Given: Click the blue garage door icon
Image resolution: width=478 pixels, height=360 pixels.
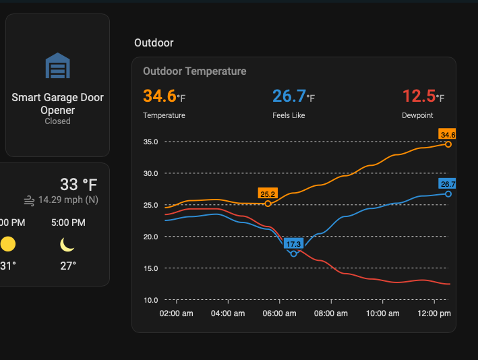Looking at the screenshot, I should click(57, 66).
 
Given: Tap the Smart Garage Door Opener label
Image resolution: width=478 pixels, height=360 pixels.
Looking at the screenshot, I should click(57, 104).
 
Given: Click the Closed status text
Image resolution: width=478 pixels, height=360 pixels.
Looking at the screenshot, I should click(57, 121).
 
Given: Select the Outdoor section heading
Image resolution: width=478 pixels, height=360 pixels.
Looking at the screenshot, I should click(154, 42).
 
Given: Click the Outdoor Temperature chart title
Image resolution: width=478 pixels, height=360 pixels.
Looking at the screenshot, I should click(194, 71).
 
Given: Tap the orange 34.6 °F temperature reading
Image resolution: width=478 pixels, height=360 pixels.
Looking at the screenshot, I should click(164, 96).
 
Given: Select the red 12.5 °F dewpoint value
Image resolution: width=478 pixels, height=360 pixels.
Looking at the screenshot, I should click(423, 96).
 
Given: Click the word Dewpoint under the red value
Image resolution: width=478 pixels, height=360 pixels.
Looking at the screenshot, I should click(418, 115).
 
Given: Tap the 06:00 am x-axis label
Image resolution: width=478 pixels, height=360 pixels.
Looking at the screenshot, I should click(278, 313).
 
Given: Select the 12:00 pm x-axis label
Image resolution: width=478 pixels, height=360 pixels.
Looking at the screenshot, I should click(434, 313).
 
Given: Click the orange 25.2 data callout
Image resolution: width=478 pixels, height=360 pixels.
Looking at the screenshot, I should click(268, 194).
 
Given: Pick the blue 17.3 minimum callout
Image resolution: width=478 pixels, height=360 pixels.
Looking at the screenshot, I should click(293, 243).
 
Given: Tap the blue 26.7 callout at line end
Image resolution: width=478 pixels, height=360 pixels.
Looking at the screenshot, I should click(448, 183).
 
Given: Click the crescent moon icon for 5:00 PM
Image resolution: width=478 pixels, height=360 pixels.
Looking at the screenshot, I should click(67, 244).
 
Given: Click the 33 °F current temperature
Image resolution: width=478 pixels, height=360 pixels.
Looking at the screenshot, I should click(79, 184).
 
